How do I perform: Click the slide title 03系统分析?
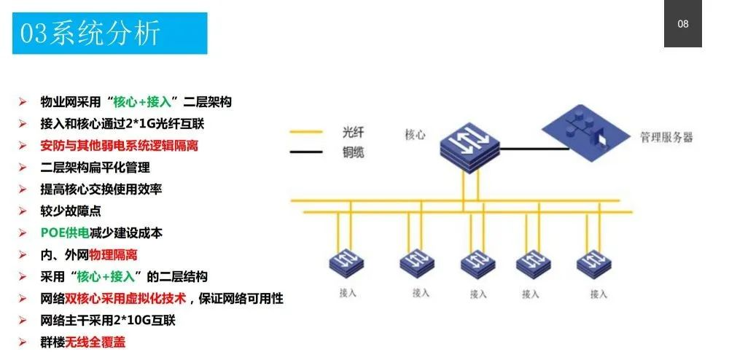pyautogui.click(x=90, y=34)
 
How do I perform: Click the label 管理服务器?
pyautogui.click(x=666, y=137)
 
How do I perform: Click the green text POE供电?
pyautogui.click(x=65, y=233)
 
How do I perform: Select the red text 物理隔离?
pyautogui.click(x=113, y=255)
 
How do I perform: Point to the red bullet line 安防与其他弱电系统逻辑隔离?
pyautogui.click(x=119, y=146)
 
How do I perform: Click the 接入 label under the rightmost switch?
pyautogui.click(x=599, y=294)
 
